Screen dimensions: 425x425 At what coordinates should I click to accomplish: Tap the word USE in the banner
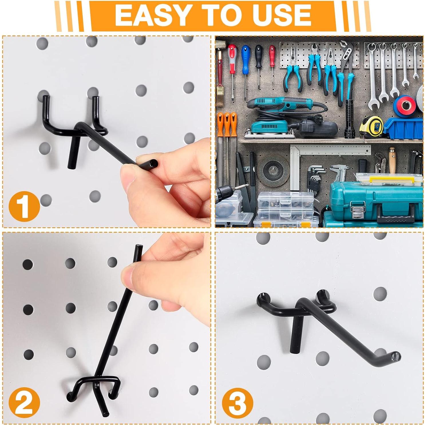[x=282, y=16]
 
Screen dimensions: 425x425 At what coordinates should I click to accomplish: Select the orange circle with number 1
[x=24, y=206]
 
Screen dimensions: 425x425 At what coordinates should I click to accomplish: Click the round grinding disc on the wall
[x=273, y=171]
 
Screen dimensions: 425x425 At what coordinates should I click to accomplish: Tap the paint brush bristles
[x=220, y=91]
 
